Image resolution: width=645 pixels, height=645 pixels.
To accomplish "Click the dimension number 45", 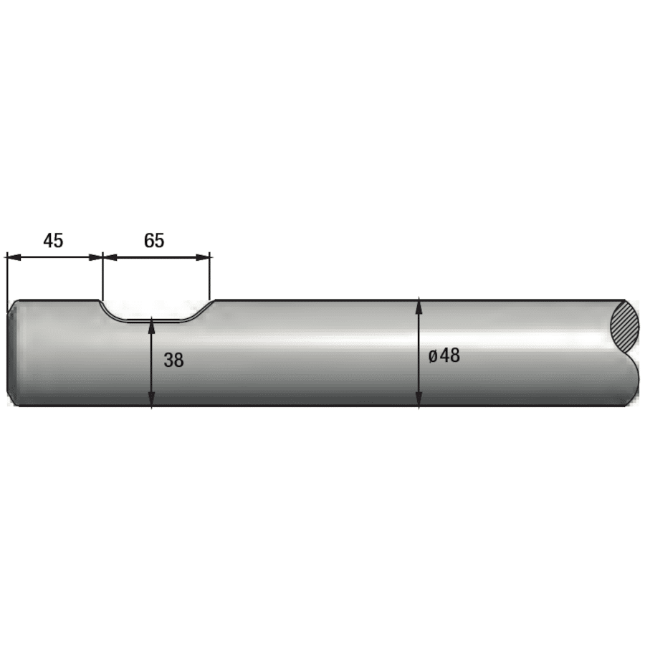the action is click(53, 240).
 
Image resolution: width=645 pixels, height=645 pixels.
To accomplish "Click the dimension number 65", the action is click(154, 240).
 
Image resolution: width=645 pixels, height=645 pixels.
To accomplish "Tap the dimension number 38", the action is click(173, 360).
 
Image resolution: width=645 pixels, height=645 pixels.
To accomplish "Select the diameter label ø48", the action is click(444, 355).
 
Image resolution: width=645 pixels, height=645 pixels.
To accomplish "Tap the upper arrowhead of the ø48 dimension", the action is click(419, 306).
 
